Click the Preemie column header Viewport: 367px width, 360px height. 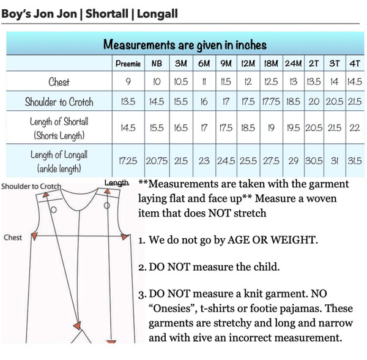(x=128, y=64)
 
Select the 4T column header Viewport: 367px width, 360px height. (x=354, y=64)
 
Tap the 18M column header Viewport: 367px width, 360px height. (x=271, y=64)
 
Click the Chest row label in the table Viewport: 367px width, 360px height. (x=59, y=82)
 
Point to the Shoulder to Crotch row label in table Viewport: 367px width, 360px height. (x=59, y=101)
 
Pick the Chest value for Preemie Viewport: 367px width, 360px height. (x=128, y=82)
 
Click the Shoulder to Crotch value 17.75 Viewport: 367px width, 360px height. (x=271, y=101)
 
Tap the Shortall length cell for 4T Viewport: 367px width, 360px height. (x=354, y=128)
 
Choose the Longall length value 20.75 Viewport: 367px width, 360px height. (x=157, y=160)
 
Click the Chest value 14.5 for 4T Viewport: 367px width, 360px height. (x=354, y=82)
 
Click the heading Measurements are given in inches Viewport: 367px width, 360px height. (x=184, y=45)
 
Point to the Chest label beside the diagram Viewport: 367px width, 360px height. (x=13, y=238)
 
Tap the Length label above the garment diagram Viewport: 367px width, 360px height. (x=116, y=183)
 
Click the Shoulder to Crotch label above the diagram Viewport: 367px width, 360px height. (x=31, y=186)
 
